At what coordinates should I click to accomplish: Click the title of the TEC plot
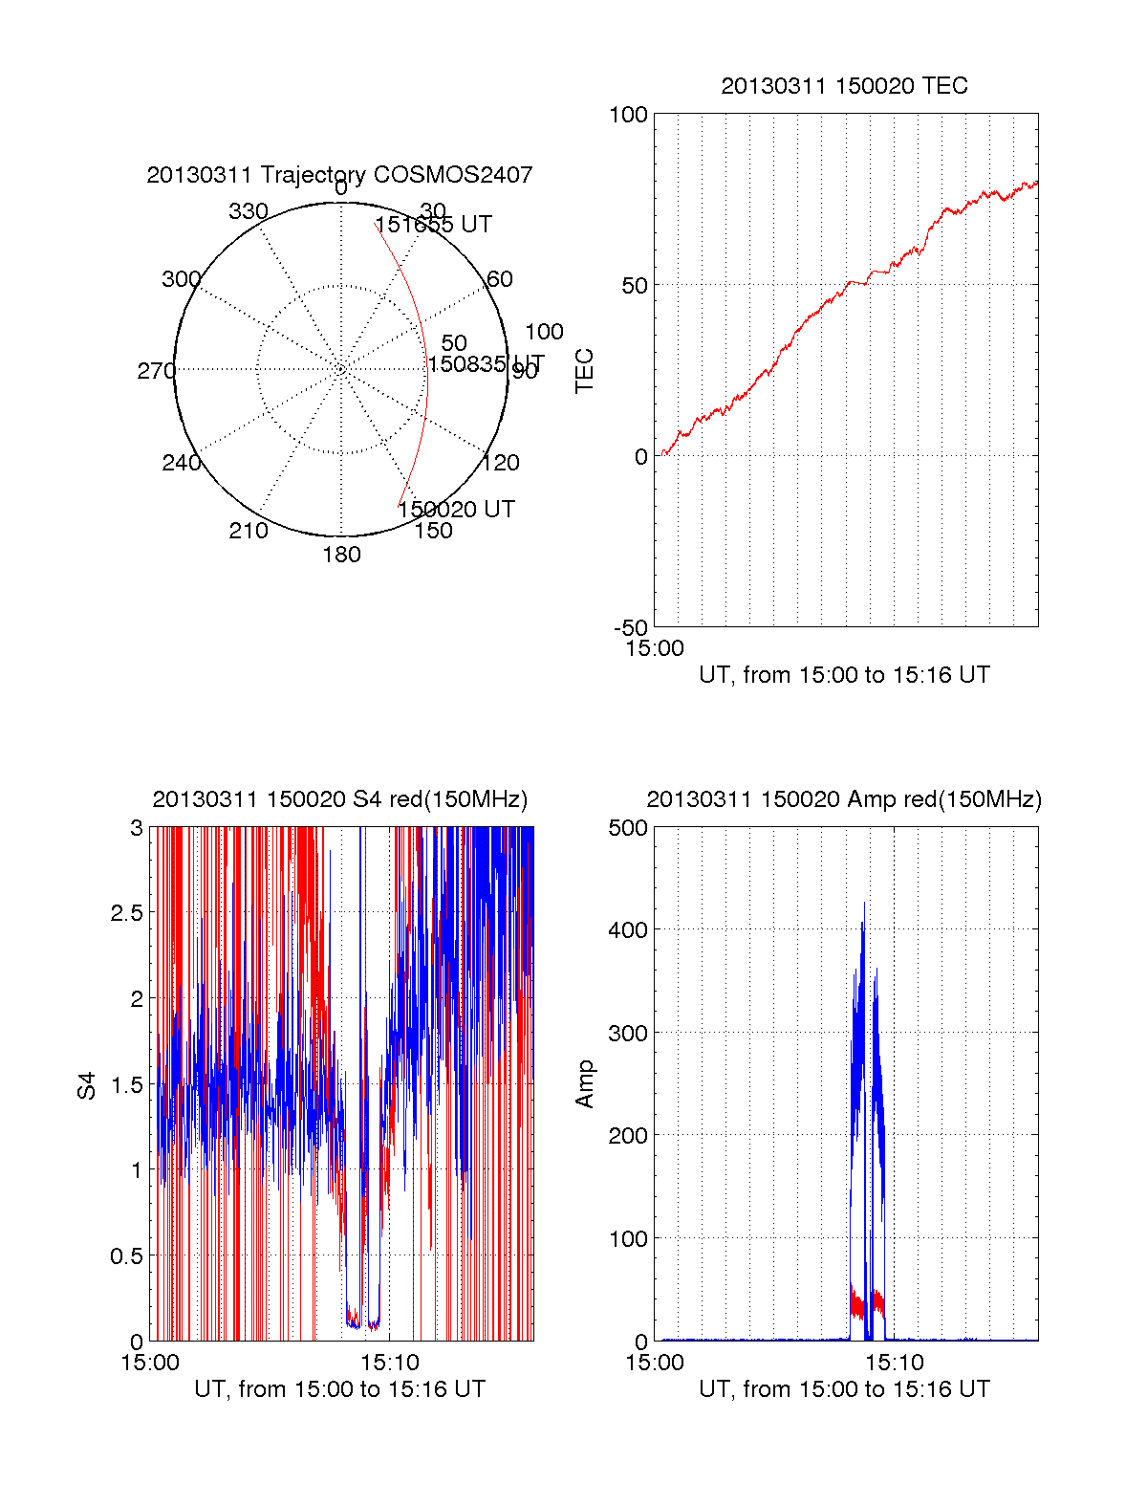(844, 86)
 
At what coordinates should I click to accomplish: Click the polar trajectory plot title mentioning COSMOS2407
(339, 175)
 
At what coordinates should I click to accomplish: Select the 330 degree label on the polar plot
(249, 211)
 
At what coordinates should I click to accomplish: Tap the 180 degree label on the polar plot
(341, 555)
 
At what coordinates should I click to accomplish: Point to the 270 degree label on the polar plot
(156, 371)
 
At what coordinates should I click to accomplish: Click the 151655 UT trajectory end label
(433, 225)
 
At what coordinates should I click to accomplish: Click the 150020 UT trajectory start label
(457, 510)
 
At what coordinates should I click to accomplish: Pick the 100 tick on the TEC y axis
(628, 115)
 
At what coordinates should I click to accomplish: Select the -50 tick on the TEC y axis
(631, 628)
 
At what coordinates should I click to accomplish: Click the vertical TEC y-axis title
(584, 371)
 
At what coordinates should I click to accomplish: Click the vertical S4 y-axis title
(87, 1085)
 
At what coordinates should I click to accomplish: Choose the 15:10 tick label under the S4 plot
(389, 1363)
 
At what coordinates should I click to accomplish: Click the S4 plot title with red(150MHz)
(339, 799)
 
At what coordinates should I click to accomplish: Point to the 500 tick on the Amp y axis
(628, 827)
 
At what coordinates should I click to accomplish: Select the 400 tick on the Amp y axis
(628, 929)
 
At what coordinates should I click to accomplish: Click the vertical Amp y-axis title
(584, 1084)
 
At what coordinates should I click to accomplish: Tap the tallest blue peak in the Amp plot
(865, 904)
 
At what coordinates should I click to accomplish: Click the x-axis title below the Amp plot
(844, 1389)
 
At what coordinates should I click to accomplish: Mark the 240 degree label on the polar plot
(182, 463)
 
